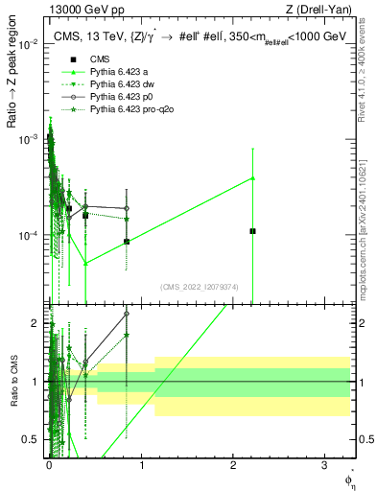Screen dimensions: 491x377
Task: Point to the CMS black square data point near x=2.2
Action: pyautogui.click(x=252, y=231)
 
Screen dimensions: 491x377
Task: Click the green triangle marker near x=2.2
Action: pyautogui.click(x=252, y=177)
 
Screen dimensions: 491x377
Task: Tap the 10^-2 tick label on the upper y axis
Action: pyautogui.click(x=29, y=45)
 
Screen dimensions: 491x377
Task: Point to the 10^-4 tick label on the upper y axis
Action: pyautogui.click(x=29, y=235)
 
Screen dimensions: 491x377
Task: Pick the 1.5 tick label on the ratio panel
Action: pyautogui.click(x=33, y=352)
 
